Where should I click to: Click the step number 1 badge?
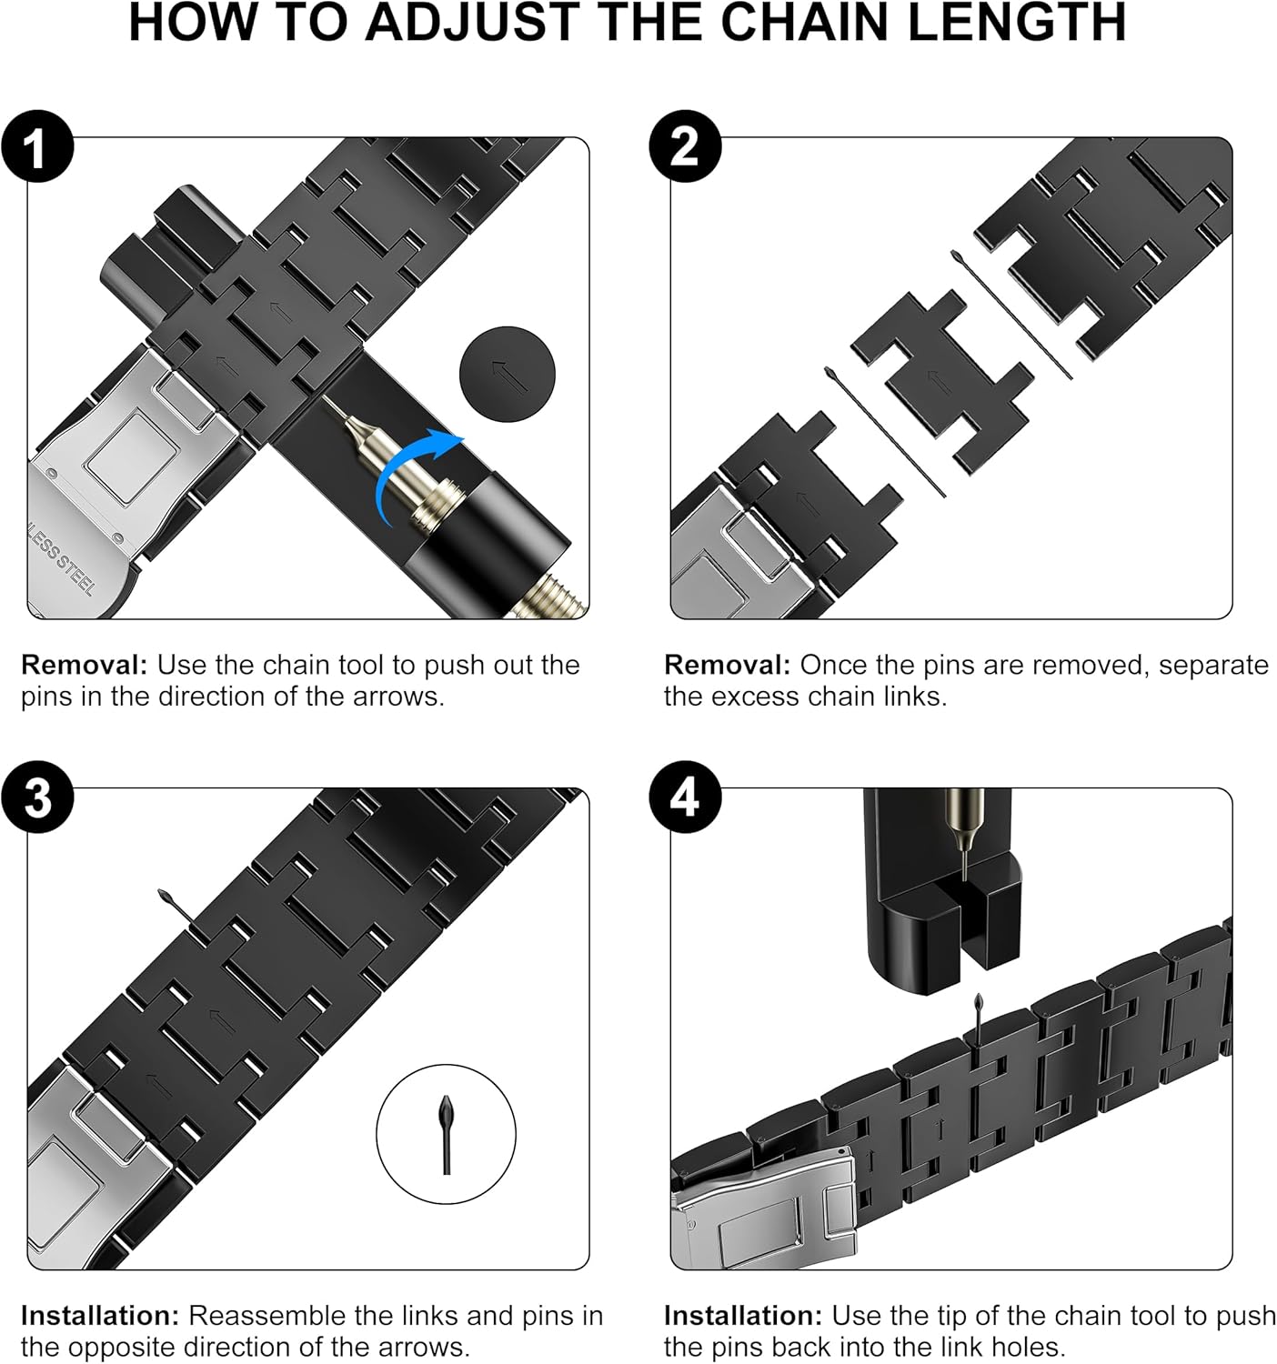pyautogui.click(x=37, y=146)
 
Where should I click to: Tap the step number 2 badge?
pyautogui.click(x=685, y=146)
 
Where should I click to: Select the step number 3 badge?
pyautogui.click(x=37, y=797)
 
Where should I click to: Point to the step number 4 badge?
pyautogui.click(x=685, y=797)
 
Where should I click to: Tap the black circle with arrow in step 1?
pyautogui.click(x=508, y=375)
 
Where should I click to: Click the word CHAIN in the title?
pyautogui.click(x=807, y=23)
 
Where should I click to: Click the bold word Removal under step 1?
pyautogui.click(x=85, y=665)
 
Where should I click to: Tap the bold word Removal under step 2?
pyautogui.click(x=727, y=665)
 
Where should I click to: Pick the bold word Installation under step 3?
pyautogui.click(x=100, y=1315)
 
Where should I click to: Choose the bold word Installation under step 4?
pyautogui.click(x=743, y=1315)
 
